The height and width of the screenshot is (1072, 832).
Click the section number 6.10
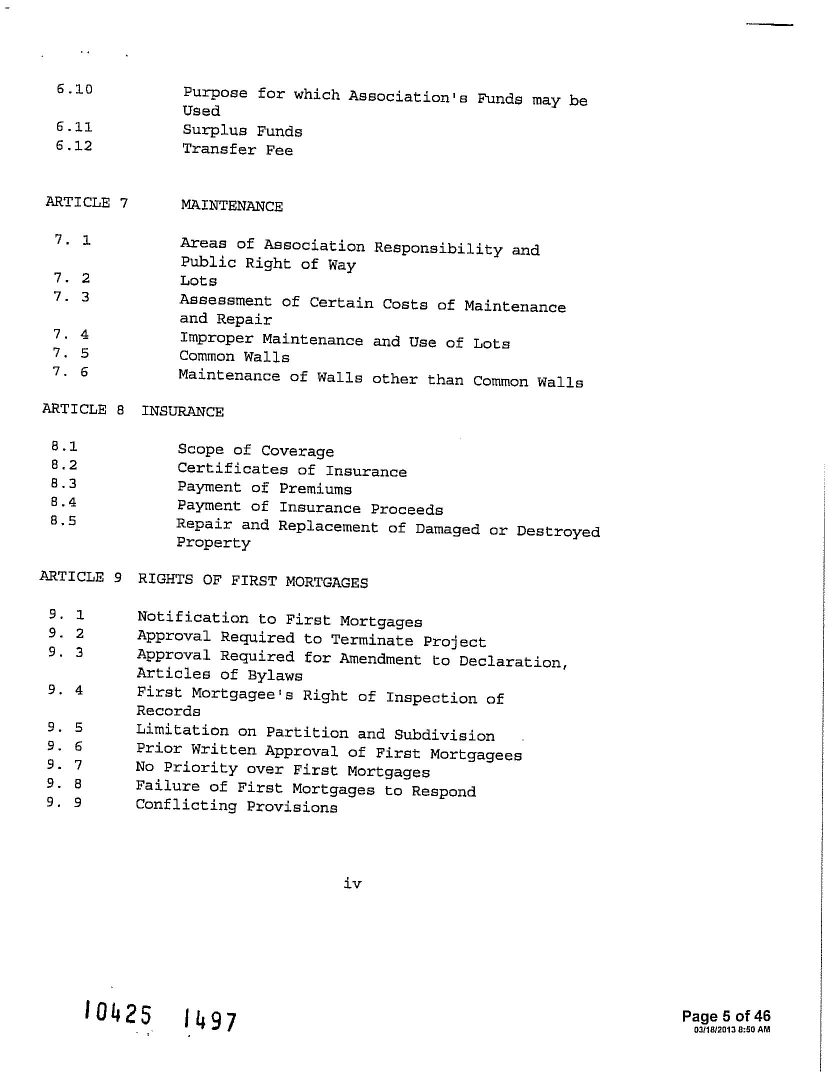click(74, 89)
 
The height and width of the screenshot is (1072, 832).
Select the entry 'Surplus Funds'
click(242, 131)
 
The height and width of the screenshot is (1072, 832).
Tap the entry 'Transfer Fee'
click(237, 149)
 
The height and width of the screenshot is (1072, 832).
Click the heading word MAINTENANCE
click(231, 206)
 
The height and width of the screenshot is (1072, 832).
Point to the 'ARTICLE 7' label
click(87, 202)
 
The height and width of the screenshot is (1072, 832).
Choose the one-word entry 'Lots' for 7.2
click(198, 281)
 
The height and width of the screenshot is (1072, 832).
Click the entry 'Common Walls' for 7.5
click(234, 357)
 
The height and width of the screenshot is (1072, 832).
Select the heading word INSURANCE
click(182, 411)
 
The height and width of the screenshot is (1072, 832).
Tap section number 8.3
click(64, 483)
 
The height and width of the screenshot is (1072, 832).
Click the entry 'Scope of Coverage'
click(255, 450)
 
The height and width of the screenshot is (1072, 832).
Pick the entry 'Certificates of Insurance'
click(292, 470)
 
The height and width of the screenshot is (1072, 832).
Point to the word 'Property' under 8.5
click(213, 543)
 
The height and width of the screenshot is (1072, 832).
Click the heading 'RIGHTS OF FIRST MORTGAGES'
click(253, 581)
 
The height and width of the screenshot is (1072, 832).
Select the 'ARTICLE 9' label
click(81, 577)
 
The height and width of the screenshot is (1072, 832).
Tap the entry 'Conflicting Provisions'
click(236, 806)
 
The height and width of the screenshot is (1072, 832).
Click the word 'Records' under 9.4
click(168, 711)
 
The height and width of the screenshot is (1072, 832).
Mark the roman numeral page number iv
click(352, 883)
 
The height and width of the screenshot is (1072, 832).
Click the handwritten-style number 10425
click(118, 1013)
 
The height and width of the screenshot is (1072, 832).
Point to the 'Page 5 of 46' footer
click(726, 1016)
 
